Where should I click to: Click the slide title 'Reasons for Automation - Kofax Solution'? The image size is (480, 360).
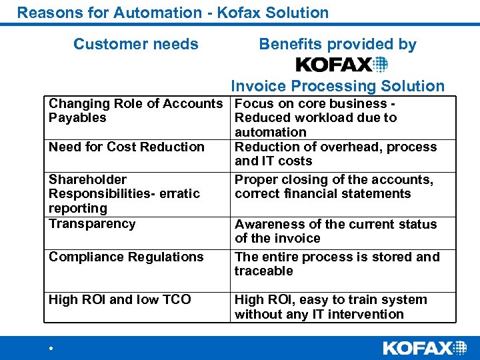[173, 13]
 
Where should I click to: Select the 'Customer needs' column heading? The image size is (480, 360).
[136, 45]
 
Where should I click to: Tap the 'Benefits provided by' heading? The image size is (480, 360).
[337, 45]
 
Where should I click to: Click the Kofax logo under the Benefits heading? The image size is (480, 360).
[341, 65]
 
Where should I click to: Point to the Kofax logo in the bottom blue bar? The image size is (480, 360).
[425, 347]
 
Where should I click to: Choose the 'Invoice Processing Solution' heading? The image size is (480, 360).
[337, 86]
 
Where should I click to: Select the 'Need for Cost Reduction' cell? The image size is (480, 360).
[127, 147]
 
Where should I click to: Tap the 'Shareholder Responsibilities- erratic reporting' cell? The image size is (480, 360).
[125, 193]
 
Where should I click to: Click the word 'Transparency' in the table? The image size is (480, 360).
[92, 224]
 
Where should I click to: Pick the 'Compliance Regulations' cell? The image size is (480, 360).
[126, 257]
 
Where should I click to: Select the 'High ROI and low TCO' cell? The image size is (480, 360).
[120, 300]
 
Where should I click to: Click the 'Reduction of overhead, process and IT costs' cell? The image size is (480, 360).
[335, 154]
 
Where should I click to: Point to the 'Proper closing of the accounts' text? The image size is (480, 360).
[333, 180]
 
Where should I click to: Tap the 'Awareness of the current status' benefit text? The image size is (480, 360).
[335, 225]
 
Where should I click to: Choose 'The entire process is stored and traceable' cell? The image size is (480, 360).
[337, 263]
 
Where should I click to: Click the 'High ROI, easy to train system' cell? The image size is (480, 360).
[331, 307]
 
